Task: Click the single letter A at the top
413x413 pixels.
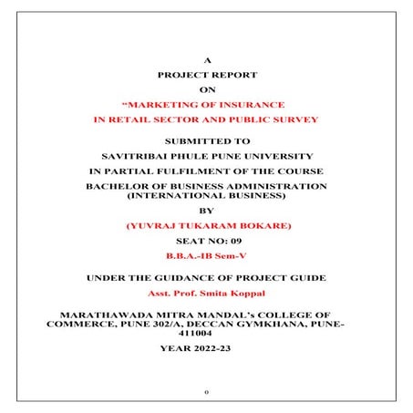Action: (x=207, y=60)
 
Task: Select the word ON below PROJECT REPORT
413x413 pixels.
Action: (x=207, y=89)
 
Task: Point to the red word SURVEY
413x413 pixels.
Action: (x=294, y=120)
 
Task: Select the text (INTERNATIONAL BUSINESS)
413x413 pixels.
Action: (x=207, y=195)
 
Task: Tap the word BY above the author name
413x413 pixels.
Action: (x=207, y=209)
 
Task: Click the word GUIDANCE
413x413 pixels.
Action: (x=191, y=276)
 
